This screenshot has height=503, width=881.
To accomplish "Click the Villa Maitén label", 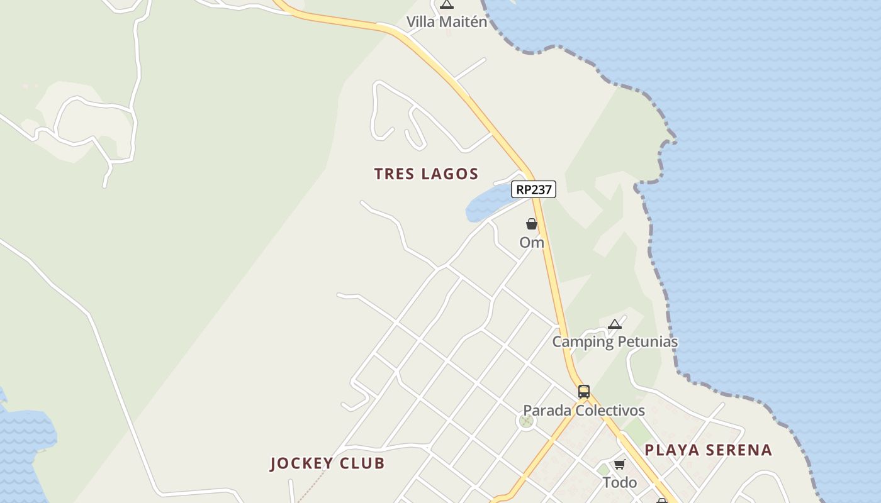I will tap(446, 22).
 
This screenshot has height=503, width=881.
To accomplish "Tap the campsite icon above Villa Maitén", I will tap(446, 4).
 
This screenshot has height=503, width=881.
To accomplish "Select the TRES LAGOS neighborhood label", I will tap(426, 174).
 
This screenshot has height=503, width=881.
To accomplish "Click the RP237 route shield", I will tap(534, 189).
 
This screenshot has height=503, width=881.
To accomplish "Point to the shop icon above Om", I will tap(532, 224).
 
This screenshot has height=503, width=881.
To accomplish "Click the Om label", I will tap(532, 242).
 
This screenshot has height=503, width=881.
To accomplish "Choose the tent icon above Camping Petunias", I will tap(615, 324).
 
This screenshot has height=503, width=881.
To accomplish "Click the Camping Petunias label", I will tap(615, 342).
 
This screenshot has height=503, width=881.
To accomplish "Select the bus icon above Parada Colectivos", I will tap(584, 392).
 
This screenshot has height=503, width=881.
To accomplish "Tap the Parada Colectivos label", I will tap(584, 411).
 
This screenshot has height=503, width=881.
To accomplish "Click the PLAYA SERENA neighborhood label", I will tap(708, 450).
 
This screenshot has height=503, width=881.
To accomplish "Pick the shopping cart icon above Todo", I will tap(620, 465).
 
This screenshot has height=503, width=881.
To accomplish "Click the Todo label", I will tap(620, 482).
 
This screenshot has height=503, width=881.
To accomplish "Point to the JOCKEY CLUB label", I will tap(327, 464).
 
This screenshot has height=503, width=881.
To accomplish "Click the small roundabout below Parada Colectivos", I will tap(525, 421).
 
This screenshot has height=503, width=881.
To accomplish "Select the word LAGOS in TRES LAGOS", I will tap(450, 174).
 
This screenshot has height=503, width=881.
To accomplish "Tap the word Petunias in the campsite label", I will tap(647, 342).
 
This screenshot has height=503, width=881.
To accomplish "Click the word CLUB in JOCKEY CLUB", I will tap(361, 464).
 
